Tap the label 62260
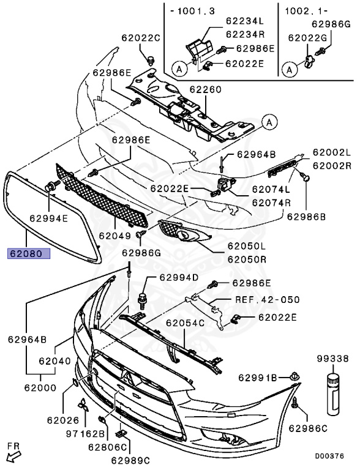tap(206, 89)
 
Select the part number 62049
tap(115, 236)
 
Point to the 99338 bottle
tap(333, 394)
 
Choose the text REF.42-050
tap(267, 300)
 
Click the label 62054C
tap(185, 323)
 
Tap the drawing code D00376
tap(329, 456)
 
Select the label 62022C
tap(141, 38)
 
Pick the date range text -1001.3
tap(193, 12)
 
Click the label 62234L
tap(245, 21)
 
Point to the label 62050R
tap(247, 259)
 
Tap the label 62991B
tap(258, 378)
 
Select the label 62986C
tap(308, 428)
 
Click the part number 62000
tap(40, 387)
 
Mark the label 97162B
tap(85, 433)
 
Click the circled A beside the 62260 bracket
tap(269, 122)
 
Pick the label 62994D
tap(179, 278)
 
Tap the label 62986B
tap(306, 217)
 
